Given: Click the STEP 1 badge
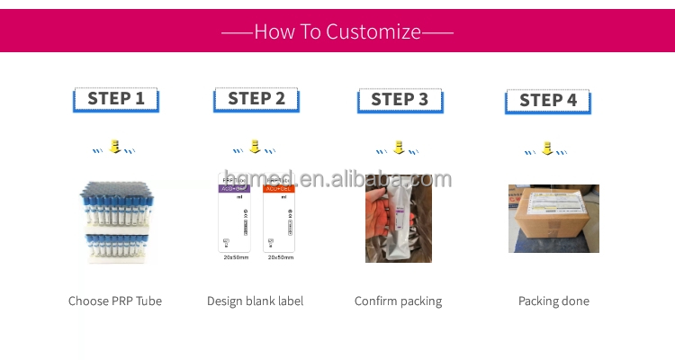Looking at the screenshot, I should coord(115,99).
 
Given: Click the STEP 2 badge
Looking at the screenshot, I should coord(256,99).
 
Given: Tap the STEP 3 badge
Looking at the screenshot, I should coord(400,100).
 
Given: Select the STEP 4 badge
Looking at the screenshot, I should coord(547,101).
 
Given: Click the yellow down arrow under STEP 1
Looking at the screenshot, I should coord(115,146).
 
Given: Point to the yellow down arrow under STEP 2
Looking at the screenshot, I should coord(256,146).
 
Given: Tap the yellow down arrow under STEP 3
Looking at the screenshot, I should coord(400,146).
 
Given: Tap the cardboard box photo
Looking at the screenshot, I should coord(553,219).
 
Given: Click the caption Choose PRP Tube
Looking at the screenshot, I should coord(115,301).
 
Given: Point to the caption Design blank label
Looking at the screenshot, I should coord(255,301).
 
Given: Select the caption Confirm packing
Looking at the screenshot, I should coord(398,301).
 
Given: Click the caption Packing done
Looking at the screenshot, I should coord(553,301).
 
